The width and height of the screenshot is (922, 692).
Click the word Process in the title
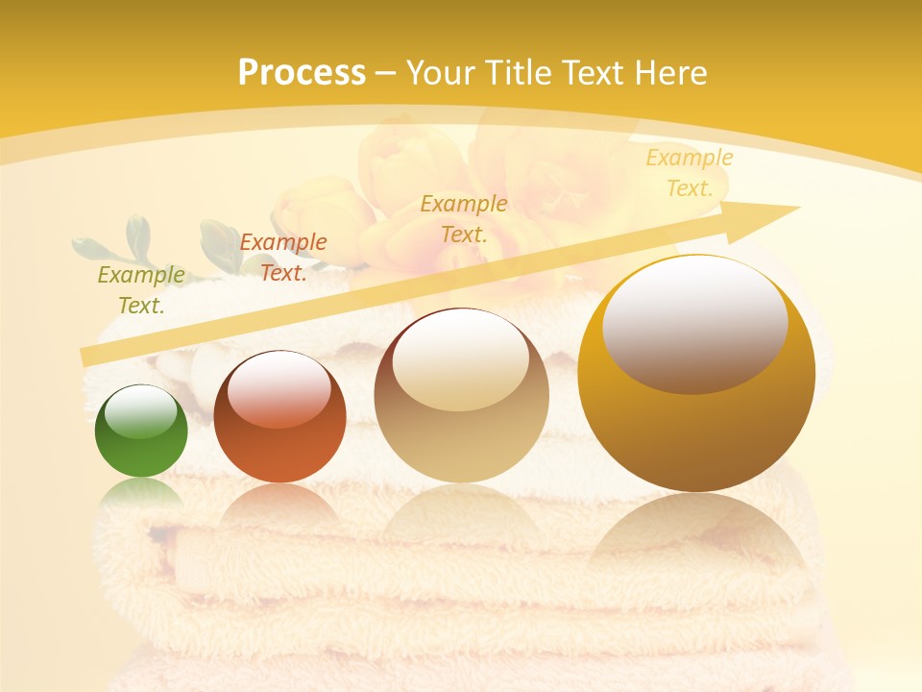(302, 73)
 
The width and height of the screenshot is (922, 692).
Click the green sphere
(141, 432)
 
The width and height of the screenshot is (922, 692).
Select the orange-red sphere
(279, 417)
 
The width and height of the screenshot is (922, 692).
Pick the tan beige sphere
(461, 395)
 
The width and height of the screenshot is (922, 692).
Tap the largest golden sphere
(696, 373)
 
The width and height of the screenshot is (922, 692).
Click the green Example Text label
(141, 290)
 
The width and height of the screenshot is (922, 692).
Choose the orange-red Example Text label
(283, 258)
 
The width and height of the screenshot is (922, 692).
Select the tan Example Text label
(464, 218)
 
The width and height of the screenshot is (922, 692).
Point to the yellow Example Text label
(690, 173)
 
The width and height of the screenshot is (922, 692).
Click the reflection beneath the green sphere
(141, 496)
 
